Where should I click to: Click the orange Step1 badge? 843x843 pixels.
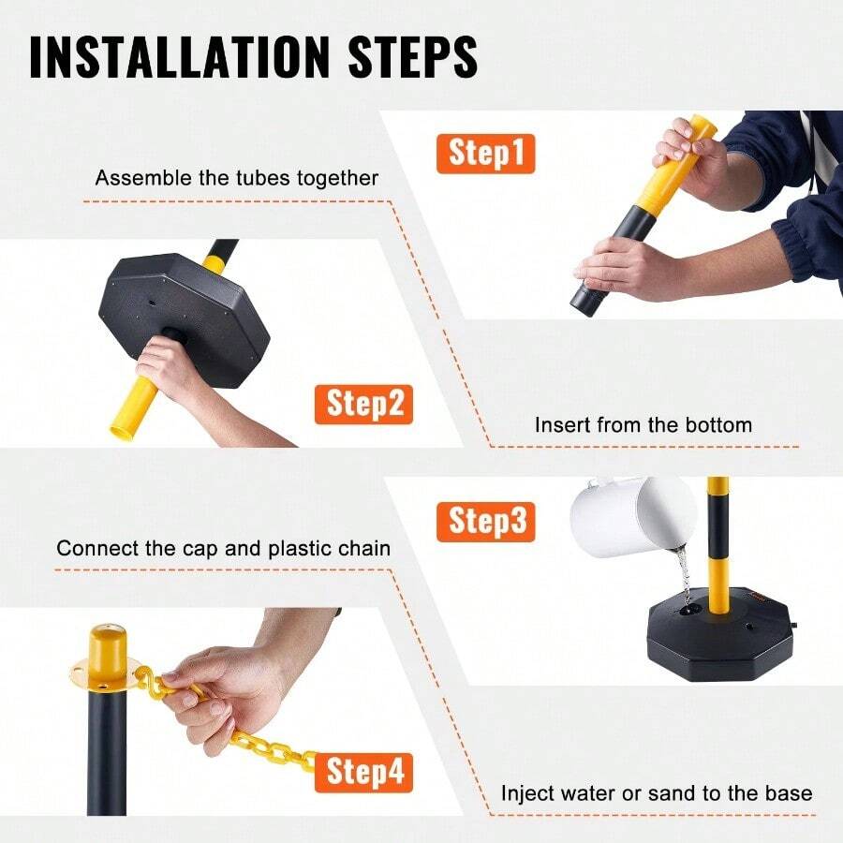(485, 153)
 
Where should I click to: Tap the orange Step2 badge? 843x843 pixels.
(364, 404)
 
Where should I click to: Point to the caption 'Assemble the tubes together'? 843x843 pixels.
(237, 178)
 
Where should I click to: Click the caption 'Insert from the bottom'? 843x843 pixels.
(643, 424)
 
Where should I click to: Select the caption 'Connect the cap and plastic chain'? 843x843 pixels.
(223, 548)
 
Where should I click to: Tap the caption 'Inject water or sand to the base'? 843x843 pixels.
(656, 793)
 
